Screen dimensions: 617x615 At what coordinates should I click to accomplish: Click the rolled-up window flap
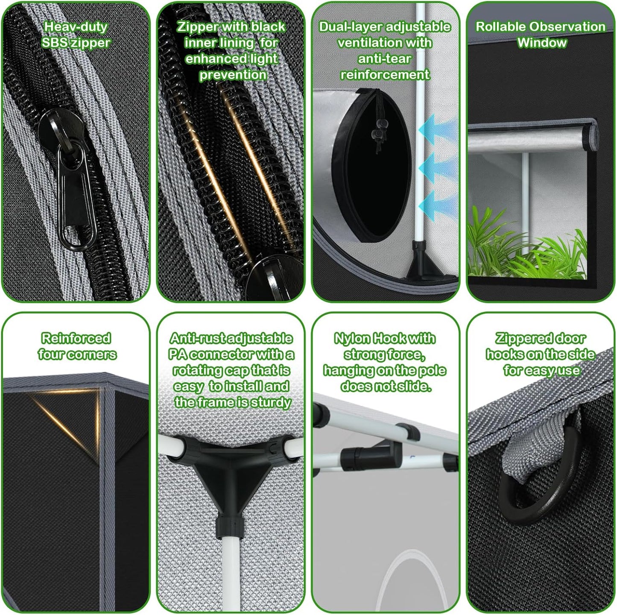coord(532,135)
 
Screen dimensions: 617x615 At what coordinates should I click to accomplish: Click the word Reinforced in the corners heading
coord(76,338)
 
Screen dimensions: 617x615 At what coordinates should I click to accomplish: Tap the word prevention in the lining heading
coord(233,75)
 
